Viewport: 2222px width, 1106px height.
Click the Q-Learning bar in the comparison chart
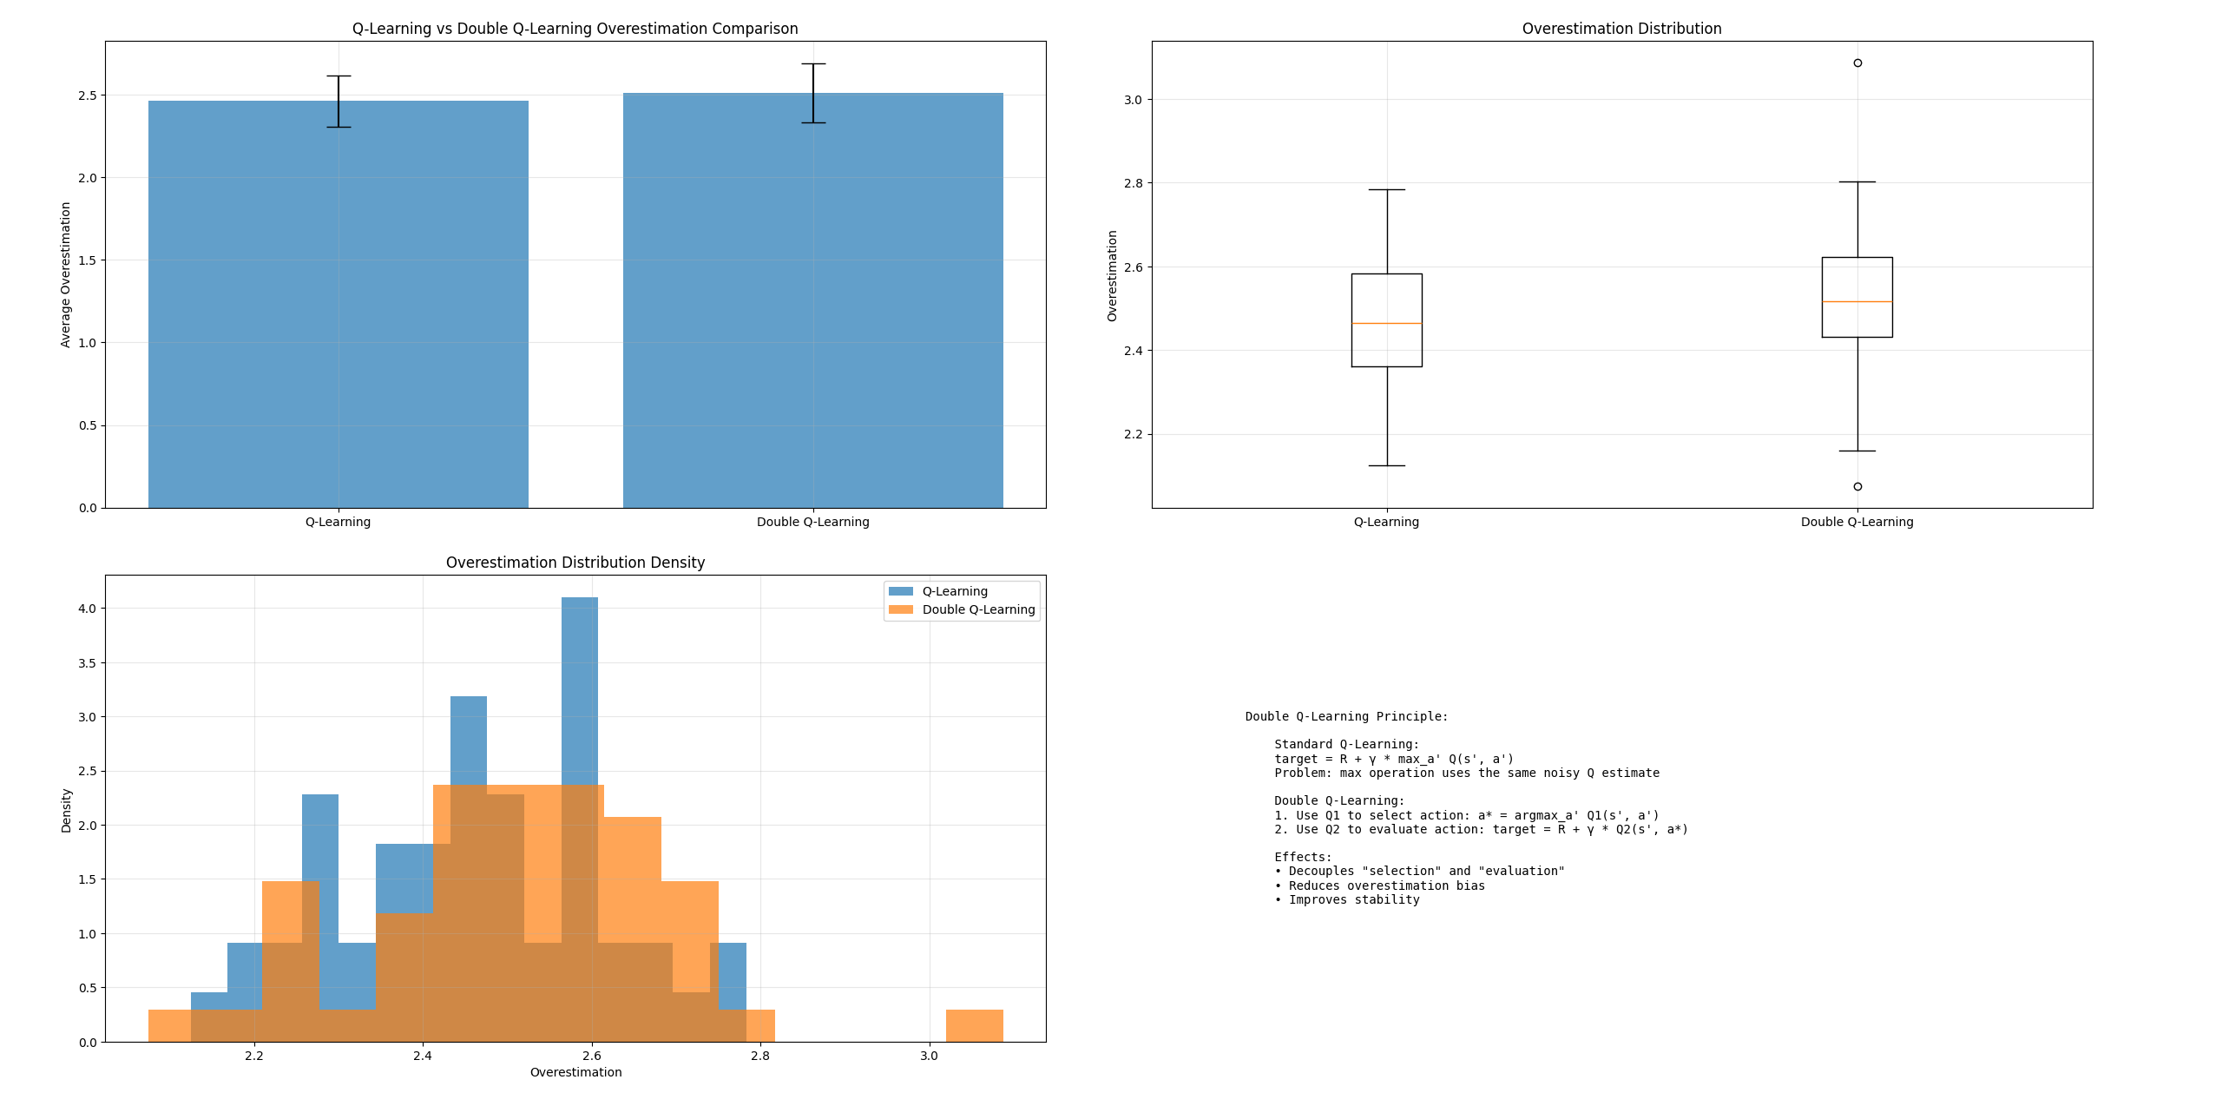click(338, 304)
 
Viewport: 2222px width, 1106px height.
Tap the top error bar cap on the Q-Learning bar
click(339, 76)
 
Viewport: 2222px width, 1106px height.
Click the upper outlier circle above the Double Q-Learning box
click(1857, 63)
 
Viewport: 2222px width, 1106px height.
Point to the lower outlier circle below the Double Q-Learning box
click(1857, 487)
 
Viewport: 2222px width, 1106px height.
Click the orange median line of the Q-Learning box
click(1386, 324)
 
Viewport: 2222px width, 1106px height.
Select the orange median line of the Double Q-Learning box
click(1857, 302)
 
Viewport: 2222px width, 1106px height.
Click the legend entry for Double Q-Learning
click(977, 610)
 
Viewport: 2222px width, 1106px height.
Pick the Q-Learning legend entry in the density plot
click(954, 592)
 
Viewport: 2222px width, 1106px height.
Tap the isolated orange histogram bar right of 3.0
click(974, 1026)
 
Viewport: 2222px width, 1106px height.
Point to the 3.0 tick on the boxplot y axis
click(1133, 100)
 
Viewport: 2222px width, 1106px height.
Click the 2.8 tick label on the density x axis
click(760, 1057)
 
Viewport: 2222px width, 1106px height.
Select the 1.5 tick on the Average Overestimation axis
click(88, 260)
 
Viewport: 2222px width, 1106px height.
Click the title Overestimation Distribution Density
click(575, 563)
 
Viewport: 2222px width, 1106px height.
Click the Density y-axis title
click(67, 811)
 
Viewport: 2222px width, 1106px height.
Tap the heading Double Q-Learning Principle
click(1346, 717)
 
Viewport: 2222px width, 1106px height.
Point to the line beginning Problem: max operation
click(1466, 774)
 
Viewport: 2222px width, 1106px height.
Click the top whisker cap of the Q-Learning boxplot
click(1386, 190)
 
